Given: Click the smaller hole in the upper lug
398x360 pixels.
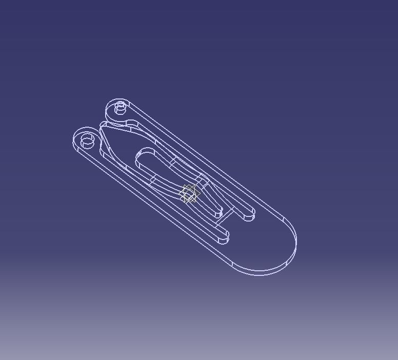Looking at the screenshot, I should [121, 107].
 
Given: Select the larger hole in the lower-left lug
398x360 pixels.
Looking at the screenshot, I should [88, 139].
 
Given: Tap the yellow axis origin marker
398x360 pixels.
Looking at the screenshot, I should [189, 194].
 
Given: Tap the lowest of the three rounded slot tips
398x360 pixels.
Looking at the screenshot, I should [224, 238].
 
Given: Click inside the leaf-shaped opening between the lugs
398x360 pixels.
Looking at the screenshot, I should [123, 141].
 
